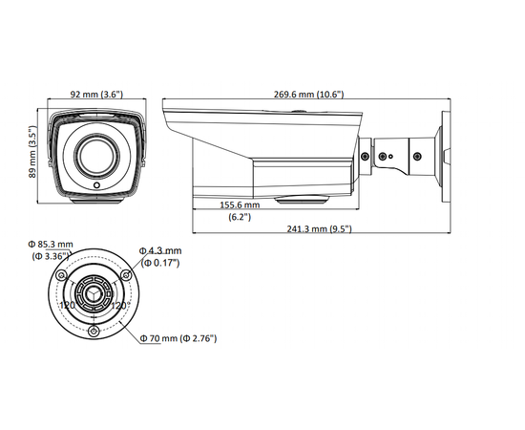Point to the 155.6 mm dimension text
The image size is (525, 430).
click(x=240, y=204)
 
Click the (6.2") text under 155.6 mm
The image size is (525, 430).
click(x=240, y=217)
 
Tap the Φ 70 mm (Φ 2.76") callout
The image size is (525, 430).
click(x=178, y=338)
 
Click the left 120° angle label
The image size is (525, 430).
click(x=68, y=305)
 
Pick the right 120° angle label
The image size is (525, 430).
click(x=120, y=305)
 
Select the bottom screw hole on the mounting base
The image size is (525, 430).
click(x=94, y=331)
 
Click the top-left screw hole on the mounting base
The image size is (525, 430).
click(x=62, y=275)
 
